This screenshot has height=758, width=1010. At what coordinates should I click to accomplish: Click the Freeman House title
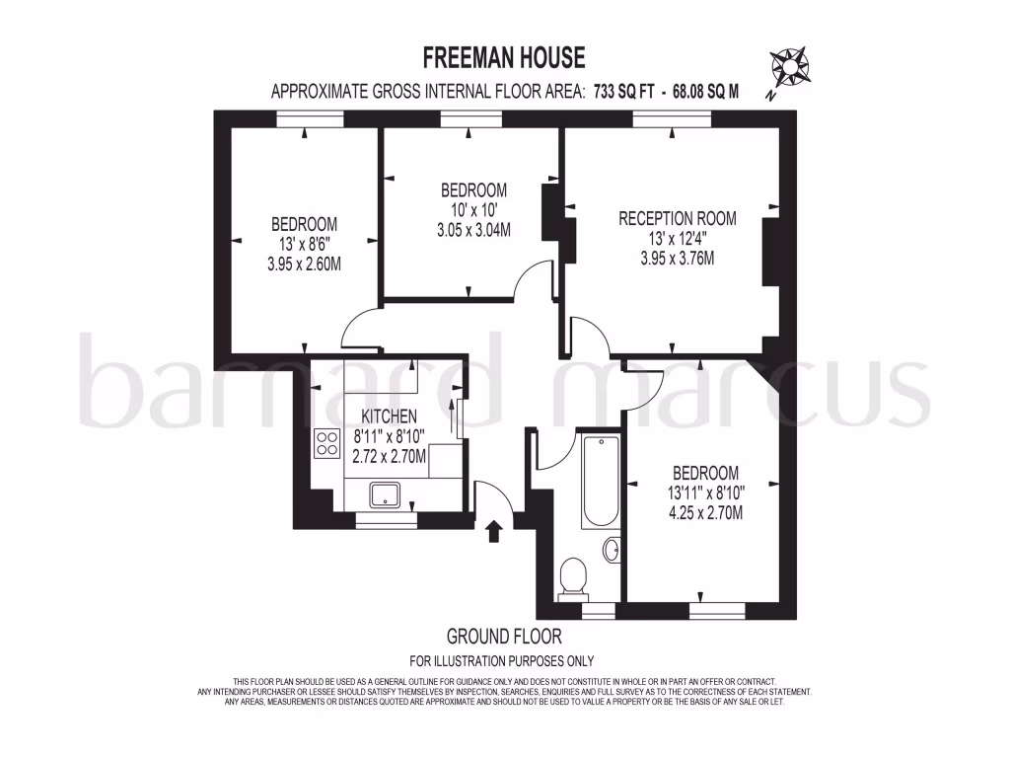pos(504,57)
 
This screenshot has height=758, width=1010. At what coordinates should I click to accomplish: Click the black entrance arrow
pos(494,532)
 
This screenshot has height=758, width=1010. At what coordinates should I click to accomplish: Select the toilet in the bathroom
pos(572,577)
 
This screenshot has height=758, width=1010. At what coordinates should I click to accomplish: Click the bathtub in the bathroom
pos(599,482)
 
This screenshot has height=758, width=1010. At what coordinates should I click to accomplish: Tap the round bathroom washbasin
pos(611,550)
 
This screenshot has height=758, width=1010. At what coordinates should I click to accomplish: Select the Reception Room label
pos(677,218)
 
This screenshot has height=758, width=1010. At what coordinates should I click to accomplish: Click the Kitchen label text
pos(389,417)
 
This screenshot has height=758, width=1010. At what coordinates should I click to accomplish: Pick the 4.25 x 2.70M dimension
pos(705,512)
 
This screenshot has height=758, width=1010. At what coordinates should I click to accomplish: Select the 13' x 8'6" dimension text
pos(304,245)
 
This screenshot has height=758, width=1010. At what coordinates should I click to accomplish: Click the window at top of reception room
pos(672,118)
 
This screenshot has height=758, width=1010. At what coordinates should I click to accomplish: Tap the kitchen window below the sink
pos(386,517)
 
